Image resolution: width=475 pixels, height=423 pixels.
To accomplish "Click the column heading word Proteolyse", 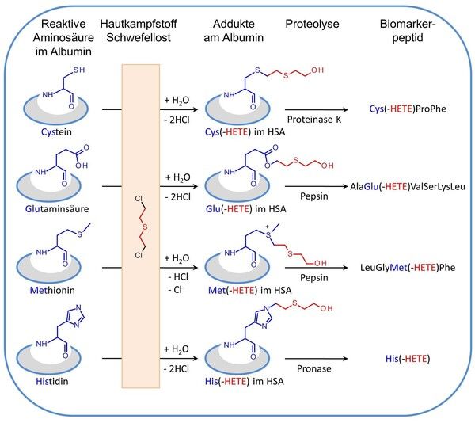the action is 312,24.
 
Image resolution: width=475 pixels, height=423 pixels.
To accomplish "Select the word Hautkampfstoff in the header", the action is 139,24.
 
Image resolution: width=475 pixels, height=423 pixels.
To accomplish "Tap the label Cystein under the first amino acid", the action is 57,132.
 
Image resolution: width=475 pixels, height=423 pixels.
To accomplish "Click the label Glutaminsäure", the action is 57,209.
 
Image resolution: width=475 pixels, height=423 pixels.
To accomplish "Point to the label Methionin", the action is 52,290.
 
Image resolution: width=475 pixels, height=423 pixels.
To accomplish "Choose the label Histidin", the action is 52,381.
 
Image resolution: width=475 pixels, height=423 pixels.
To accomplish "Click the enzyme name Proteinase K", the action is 314,120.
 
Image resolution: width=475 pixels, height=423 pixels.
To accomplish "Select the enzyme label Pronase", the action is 313,368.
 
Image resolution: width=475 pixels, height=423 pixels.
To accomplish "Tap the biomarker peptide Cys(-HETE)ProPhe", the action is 408,109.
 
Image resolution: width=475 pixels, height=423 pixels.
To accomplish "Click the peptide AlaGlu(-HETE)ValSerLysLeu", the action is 408,186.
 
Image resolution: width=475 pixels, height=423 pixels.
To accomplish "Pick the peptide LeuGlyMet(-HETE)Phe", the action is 408,268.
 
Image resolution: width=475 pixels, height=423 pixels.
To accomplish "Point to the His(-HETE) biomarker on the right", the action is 408,359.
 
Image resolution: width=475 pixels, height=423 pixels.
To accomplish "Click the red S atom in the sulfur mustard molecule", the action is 145,227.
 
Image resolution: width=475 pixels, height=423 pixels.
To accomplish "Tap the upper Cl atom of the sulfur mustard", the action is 139,199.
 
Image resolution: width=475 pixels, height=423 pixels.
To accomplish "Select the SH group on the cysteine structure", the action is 78,70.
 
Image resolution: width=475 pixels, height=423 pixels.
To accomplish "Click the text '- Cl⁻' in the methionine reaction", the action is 176,289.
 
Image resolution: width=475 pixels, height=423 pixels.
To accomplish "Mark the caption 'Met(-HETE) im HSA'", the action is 250,290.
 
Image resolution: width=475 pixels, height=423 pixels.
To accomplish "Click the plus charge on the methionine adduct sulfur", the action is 267,227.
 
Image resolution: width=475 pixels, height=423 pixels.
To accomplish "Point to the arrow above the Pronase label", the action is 316,359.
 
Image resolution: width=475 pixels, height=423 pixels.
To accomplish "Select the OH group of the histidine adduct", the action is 326,308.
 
